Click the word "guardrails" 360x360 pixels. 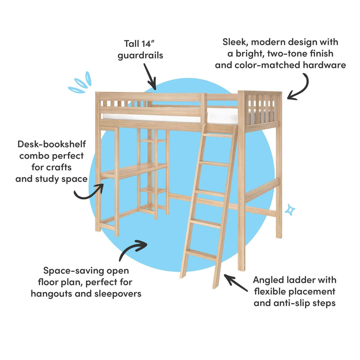[140, 56]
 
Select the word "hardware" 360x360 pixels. [324, 65]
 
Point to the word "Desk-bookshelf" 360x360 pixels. [52, 144]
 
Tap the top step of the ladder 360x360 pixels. [218, 135]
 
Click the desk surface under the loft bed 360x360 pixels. [134, 170]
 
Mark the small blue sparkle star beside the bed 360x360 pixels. [290, 210]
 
